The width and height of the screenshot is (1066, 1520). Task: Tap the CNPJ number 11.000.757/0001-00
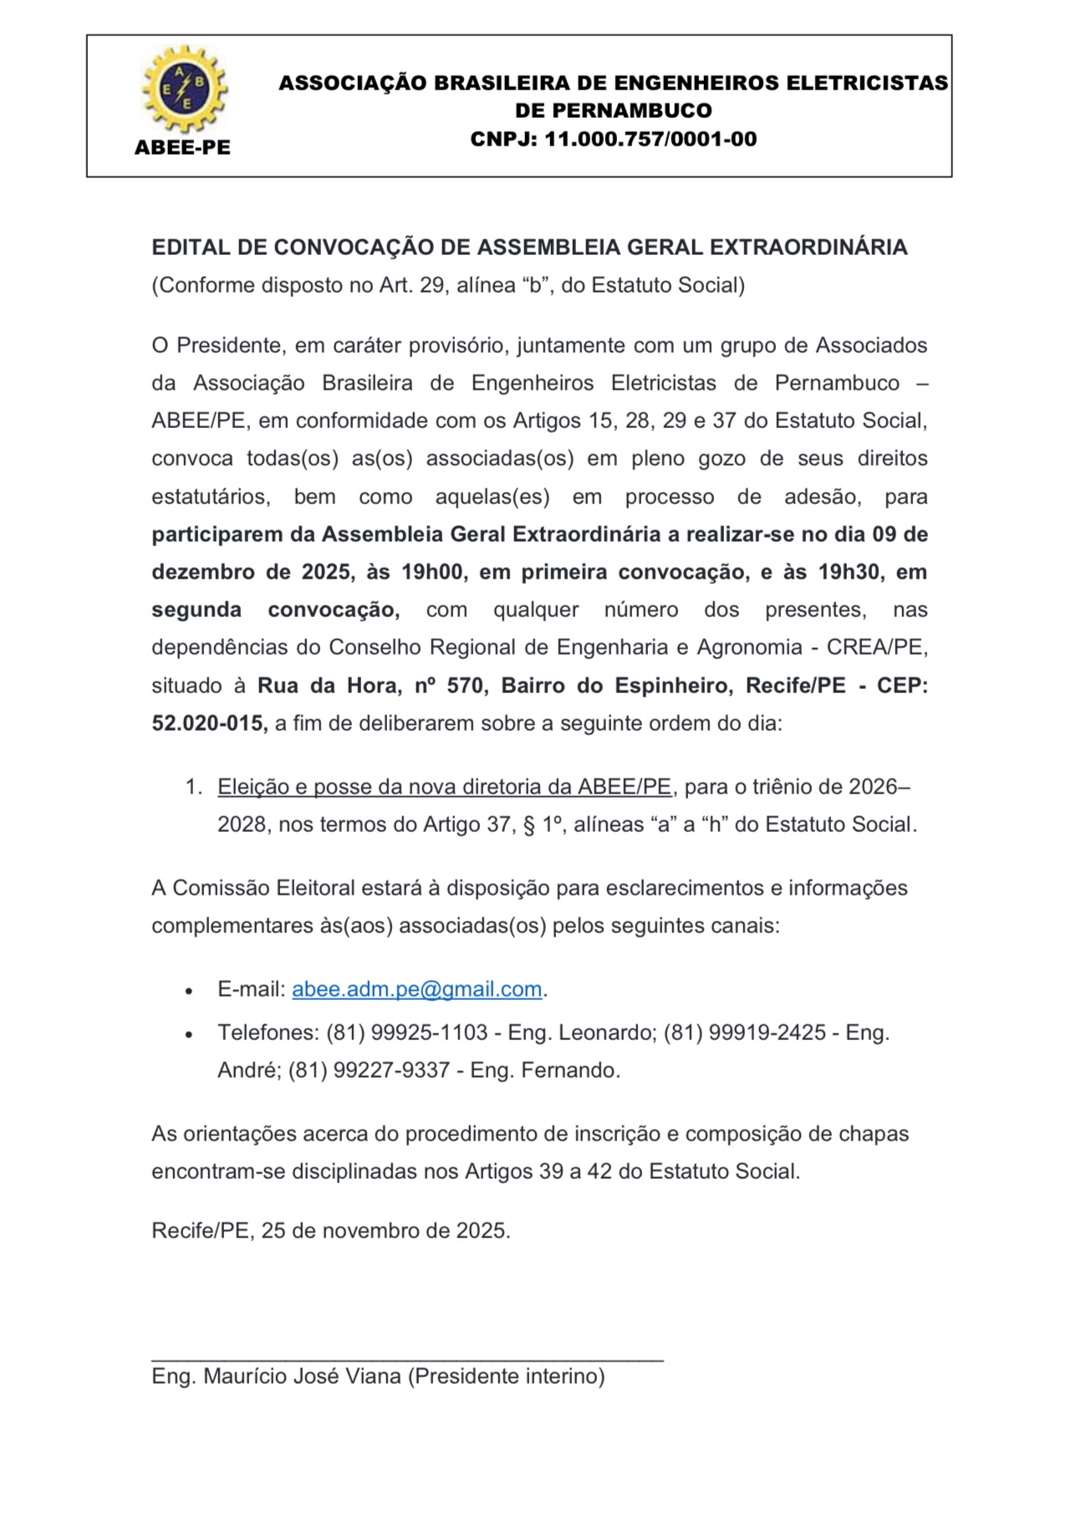tap(650, 140)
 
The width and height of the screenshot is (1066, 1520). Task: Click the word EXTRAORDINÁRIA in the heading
tap(808, 247)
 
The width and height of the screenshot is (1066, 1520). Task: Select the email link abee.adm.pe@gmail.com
tap(416, 989)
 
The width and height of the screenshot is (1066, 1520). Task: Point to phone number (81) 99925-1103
tap(406, 1033)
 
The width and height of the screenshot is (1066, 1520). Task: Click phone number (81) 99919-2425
tap(744, 1033)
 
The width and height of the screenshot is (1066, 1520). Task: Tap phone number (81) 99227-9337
tap(369, 1070)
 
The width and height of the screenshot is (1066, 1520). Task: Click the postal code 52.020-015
tap(208, 723)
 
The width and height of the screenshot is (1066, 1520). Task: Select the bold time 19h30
tap(850, 572)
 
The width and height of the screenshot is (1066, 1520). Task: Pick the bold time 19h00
tap(431, 572)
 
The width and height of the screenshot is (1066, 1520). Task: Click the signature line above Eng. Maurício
tap(407, 1361)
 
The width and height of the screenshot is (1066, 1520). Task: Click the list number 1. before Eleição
tap(193, 787)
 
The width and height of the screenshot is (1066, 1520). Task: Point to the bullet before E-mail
tap(190, 991)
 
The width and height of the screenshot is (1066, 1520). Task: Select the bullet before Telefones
tap(190, 1034)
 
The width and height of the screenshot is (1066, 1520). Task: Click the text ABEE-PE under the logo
tap(182, 148)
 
